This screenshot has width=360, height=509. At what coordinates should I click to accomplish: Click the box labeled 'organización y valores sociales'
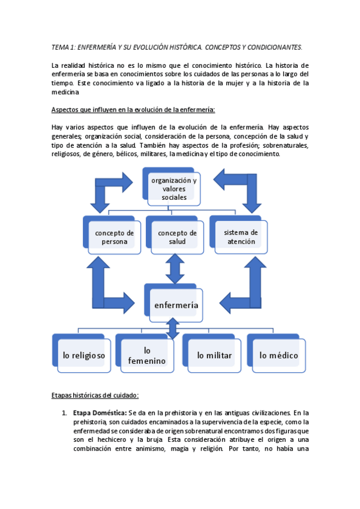174,188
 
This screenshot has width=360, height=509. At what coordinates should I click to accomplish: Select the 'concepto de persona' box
114,236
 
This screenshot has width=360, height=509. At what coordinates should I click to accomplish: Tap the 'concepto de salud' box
176,236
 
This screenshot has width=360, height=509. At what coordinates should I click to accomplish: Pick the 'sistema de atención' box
240,236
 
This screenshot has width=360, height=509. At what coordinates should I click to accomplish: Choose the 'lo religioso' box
83,355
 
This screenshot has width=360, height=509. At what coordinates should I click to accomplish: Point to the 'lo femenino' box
147,355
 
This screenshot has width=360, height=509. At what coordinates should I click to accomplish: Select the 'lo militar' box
214,355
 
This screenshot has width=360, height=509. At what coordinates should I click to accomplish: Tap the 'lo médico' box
278,355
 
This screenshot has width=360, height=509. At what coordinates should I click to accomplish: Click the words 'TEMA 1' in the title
62,46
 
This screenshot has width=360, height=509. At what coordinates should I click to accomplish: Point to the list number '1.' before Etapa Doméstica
64,412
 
